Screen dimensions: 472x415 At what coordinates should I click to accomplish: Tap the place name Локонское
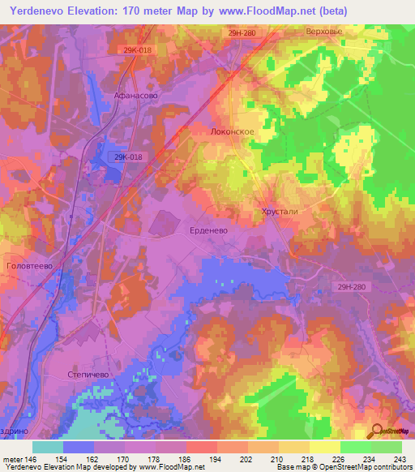(x=233, y=131)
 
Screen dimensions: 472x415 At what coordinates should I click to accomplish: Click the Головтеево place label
(x=29, y=265)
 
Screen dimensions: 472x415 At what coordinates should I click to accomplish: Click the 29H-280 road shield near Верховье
(x=242, y=32)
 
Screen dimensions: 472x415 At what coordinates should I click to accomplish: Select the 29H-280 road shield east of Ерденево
(x=351, y=285)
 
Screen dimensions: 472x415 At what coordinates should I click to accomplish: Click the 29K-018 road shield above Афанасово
(x=137, y=49)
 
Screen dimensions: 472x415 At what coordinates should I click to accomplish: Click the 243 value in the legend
(x=400, y=459)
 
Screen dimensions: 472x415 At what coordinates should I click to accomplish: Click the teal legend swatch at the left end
(x=47, y=447)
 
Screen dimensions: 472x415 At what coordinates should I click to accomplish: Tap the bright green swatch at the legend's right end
(x=386, y=447)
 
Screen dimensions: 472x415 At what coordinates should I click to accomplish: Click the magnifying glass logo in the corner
(x=376, y=431)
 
